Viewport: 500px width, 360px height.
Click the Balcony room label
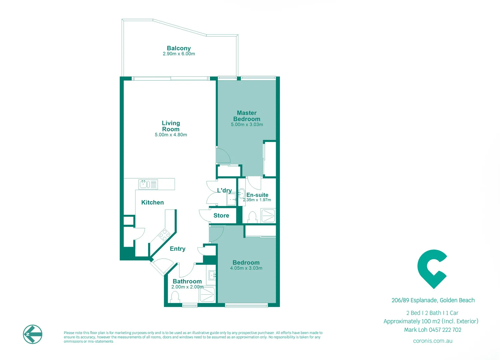[179, 48]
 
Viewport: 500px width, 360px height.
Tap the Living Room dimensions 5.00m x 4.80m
[171, 135]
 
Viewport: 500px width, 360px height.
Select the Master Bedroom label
[247, 116]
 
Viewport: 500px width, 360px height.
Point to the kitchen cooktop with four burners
[164, 235]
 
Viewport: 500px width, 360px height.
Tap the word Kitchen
[152, 202]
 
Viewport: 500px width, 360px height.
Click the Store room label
[221, 216]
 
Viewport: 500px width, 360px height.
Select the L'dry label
[224, 190]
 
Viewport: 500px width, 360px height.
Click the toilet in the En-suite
[252, 217]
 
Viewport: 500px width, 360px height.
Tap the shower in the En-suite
[268, 216]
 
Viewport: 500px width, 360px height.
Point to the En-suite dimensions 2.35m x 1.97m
[257, 200]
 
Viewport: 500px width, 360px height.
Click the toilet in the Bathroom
[175, 296]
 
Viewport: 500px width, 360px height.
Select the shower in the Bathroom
[207, 295]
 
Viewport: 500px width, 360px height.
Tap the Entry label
[178, 249]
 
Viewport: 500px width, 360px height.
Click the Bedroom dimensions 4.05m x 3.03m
[246, 268]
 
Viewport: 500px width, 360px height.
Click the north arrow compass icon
[33, 334]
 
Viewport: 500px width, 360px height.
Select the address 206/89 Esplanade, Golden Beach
[433, 300]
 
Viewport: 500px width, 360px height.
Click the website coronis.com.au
[432, 341]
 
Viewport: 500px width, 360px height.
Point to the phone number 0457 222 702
[445, 330]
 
